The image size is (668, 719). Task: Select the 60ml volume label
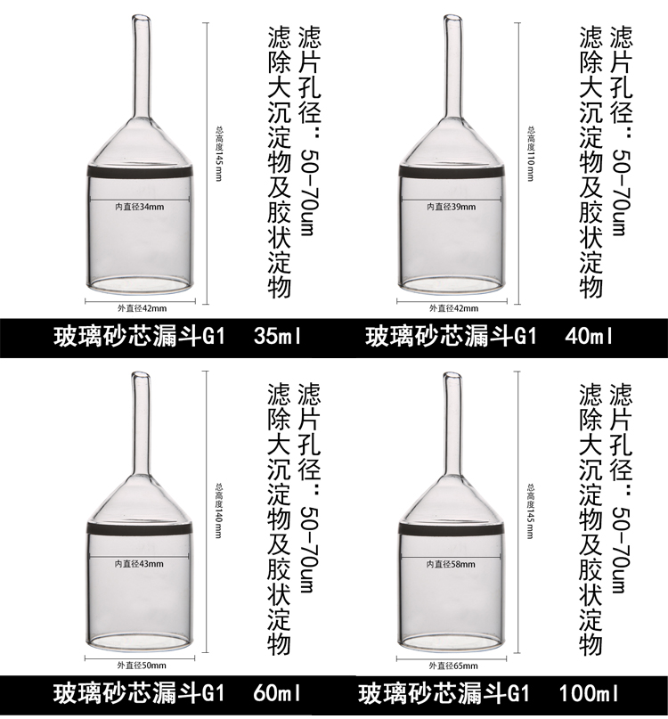[277, 694]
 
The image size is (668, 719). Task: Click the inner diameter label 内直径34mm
[139, 207]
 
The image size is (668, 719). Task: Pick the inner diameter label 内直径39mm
[452, 207]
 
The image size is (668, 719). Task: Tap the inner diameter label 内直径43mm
[139, 564]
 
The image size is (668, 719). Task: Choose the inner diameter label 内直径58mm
[452, 564]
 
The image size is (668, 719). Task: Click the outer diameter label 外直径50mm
[142, 666]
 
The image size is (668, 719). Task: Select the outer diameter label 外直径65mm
[453, 666]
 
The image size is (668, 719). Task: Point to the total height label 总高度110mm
[531, 153]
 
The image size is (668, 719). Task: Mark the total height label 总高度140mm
[219, 511]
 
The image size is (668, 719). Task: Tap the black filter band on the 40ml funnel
[452, 170]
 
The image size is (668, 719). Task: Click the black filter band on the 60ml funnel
[139, 527]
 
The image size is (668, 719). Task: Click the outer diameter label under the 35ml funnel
[142, 308]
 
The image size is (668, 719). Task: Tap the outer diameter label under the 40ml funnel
[453, 308]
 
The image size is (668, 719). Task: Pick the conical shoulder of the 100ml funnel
[452, 500]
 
